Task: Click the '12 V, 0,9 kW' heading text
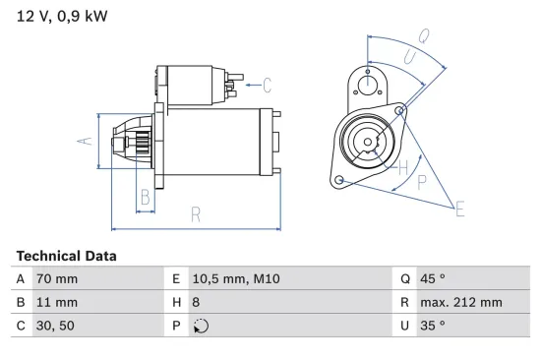tap(61, 16)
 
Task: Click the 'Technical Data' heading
tap(66, 256)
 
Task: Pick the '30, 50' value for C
tap(52, 325)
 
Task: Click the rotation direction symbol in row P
tap(203, 326)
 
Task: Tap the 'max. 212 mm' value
tap(462, 302)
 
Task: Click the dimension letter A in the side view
tap(85, 141)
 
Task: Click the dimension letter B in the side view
tap(145, 195)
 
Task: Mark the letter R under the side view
tap(196, 213)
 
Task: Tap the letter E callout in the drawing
tap(458, 207)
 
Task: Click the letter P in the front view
tap(420, 181)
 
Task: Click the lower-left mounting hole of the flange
tap(339, 180)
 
